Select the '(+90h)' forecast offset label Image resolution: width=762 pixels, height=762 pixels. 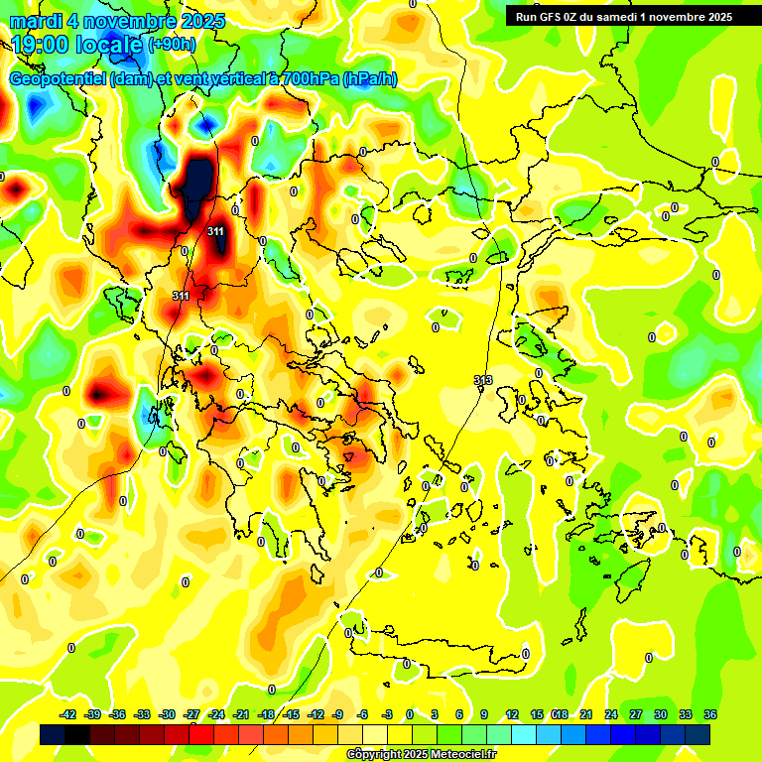pyautogui.click(x=172, y=44)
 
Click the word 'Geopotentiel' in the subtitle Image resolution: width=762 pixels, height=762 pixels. pyautogui.click(x=57, y=78)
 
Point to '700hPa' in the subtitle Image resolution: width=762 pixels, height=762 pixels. pyautogui.click(x=307, y=78)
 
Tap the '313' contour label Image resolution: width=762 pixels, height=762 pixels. pyautogui.click(x=483, y=380)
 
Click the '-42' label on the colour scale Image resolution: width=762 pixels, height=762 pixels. pyautogui.click(x=68, y=714)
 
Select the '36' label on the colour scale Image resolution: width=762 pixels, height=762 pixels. pyautogui.click(x=710, y=714)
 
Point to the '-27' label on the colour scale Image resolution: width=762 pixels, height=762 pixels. pyautogui.click(x=191, y=714)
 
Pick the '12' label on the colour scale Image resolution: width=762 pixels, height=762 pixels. pyautogui.click(x=512, y=714)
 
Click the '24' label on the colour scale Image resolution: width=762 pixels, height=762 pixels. pyautogui.click(x=611, y=714)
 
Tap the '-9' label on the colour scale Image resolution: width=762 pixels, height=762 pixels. pyautogui.click(x=338, y=714)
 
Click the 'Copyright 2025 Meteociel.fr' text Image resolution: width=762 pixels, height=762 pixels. pyautogui.click(x=421, y=754)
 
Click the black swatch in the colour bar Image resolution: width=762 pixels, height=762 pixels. pyautogui.click(x=53, y=734)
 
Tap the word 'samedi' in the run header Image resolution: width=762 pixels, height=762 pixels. pyautogui.click(x=617, y=16)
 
